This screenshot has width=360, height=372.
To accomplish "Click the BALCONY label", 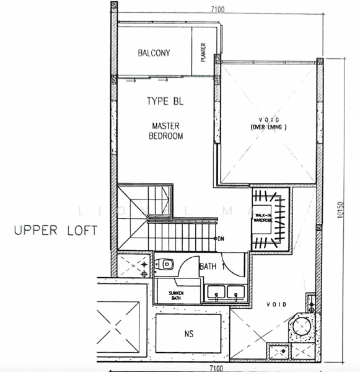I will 154,53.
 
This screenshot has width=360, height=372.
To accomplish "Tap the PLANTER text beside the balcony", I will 203,53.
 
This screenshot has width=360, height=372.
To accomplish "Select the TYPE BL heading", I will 165,101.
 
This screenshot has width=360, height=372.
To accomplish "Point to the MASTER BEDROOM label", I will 165,131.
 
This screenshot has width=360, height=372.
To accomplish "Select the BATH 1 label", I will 211,267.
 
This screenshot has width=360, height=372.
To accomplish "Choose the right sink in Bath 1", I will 234,291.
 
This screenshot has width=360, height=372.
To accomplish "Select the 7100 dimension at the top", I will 216,9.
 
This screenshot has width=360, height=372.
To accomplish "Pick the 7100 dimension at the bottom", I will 216,368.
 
